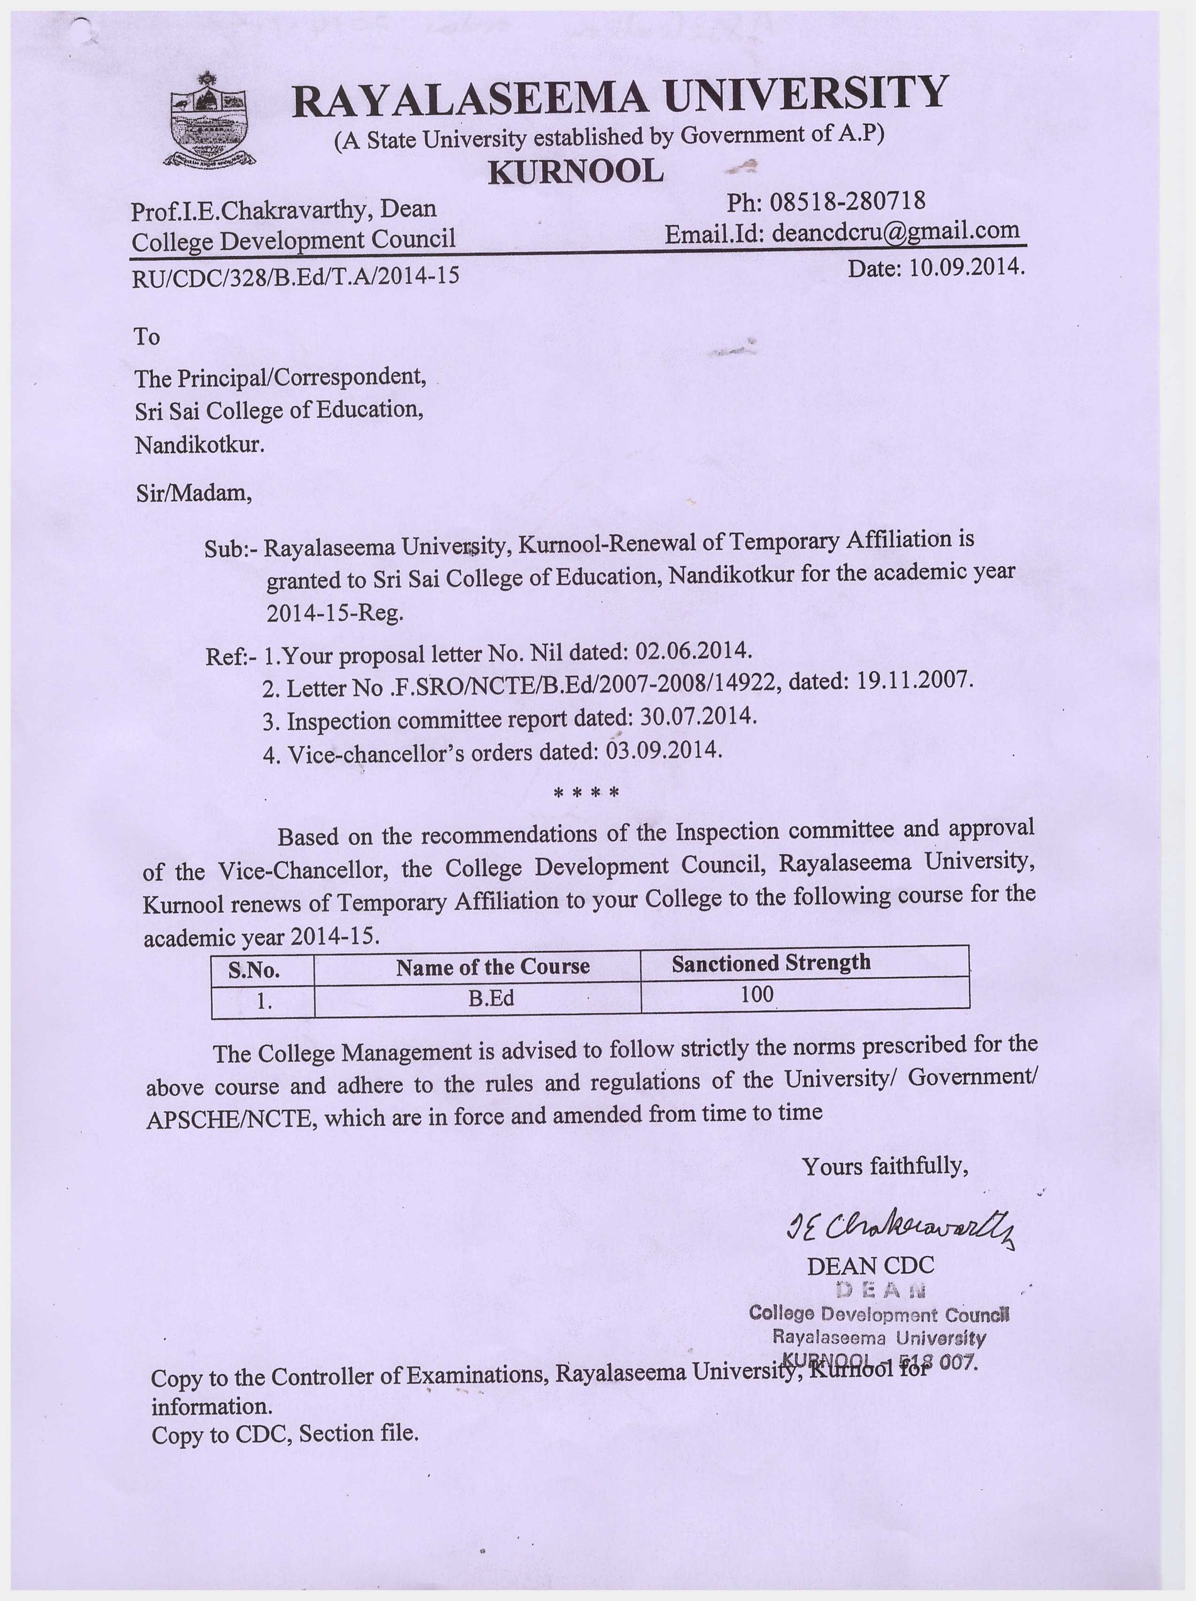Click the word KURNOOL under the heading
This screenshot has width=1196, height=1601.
click(x=576, y=171)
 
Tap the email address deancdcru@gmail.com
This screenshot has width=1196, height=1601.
click(x=896, y=232)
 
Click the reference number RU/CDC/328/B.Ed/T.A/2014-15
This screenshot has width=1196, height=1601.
click(x=295, y=276)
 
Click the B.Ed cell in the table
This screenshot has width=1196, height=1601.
click(x=491, y=999)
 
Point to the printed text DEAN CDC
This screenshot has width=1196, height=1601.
click(x=871, y=1266)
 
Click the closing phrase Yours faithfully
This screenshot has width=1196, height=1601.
click(x=885, y=1166)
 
